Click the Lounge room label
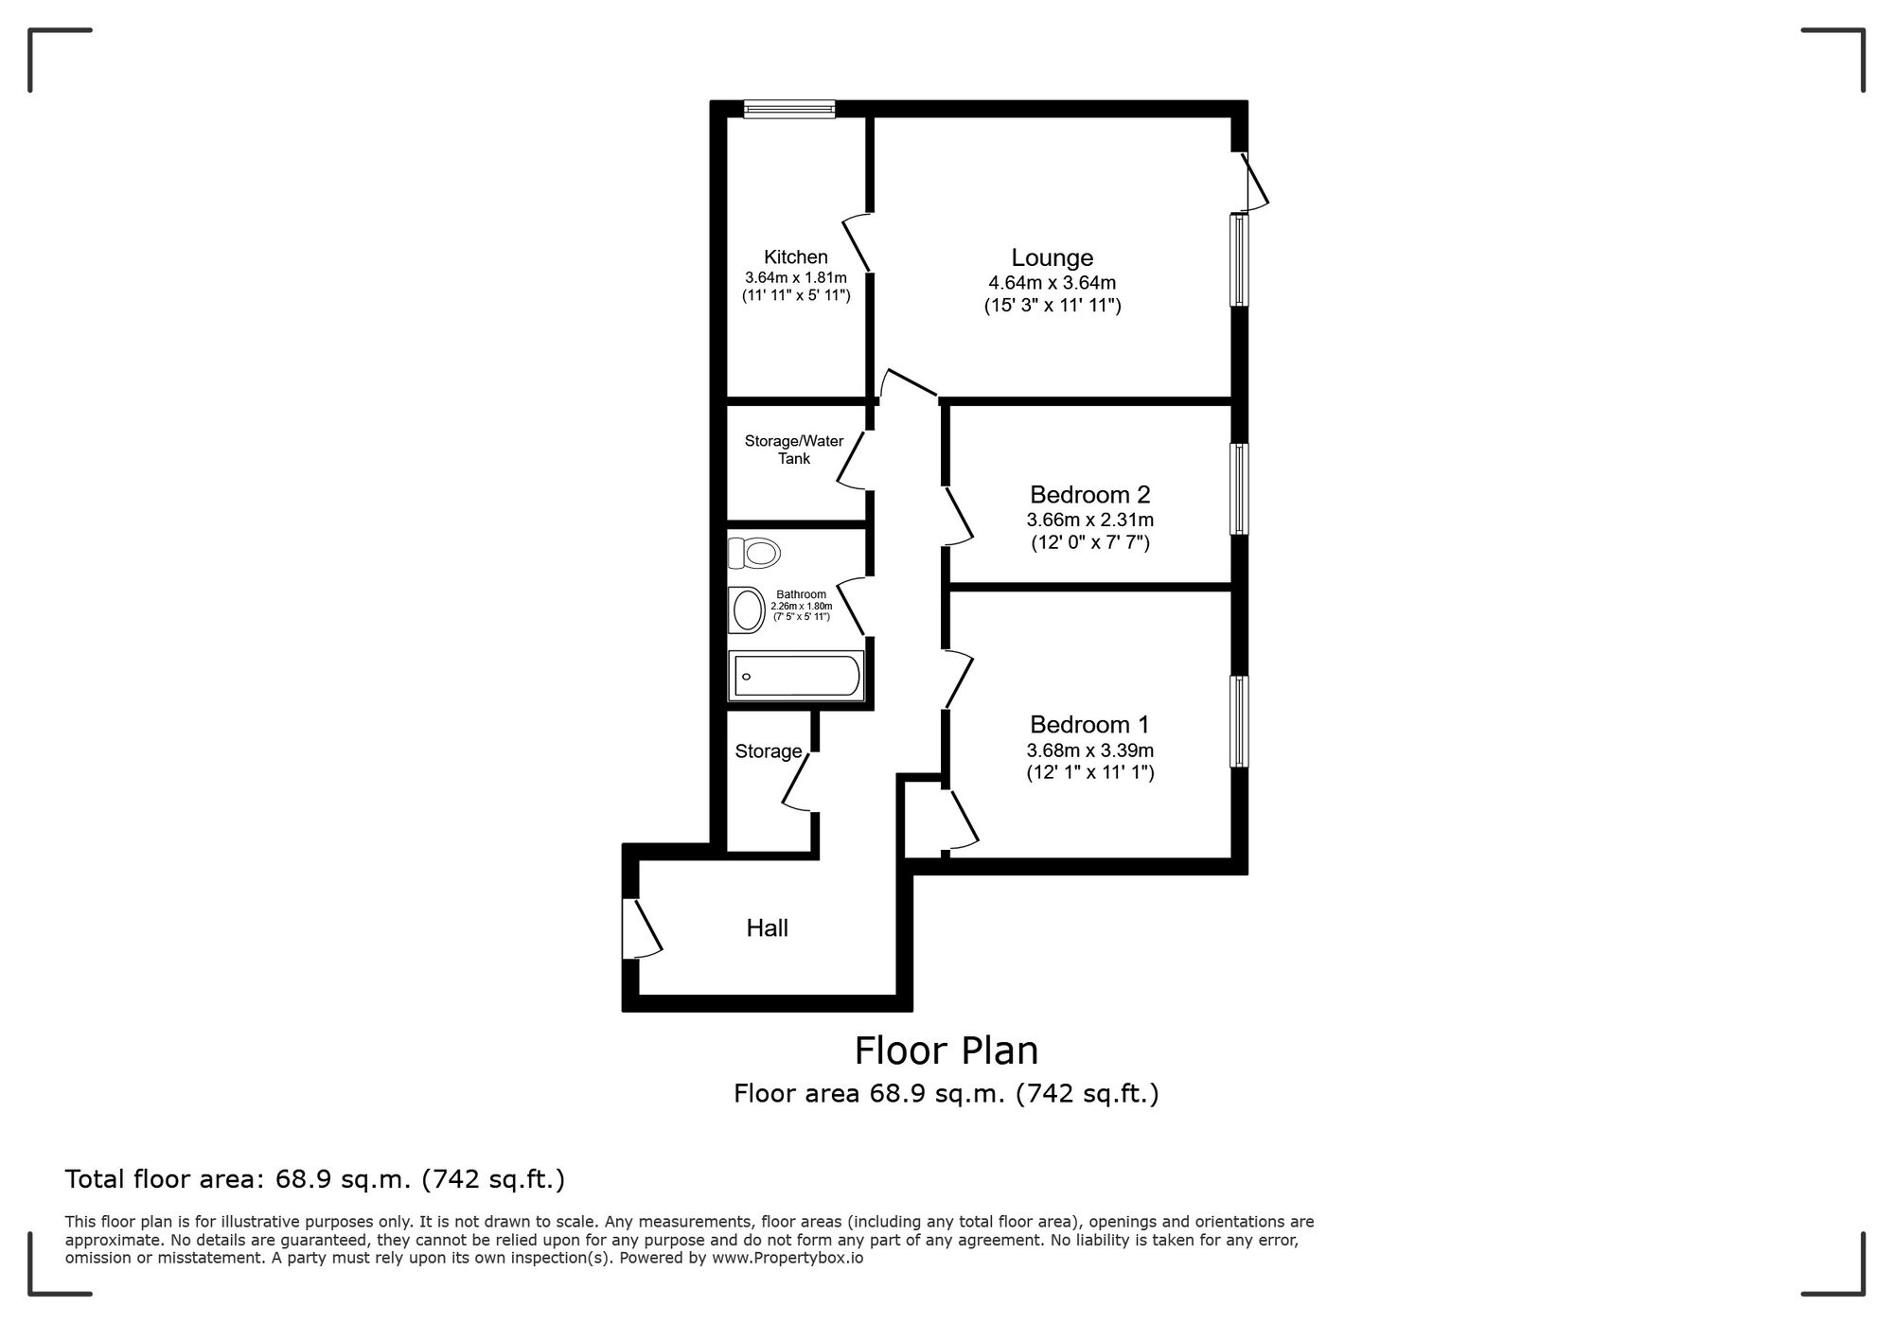(1052, 257)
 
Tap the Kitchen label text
(795, 256)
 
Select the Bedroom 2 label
(1089, 494)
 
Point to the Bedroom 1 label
(1089, 724)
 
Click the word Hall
(767, 927)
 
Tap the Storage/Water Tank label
(793, 450)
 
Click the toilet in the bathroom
(754, 552)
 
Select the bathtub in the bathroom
(796, 676)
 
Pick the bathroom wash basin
(747, 610)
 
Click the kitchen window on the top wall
(789, 110)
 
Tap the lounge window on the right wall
(1239, 260)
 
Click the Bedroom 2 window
(1239, 489)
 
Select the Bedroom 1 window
(1239, 721)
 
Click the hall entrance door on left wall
(640, 928)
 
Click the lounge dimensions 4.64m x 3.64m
(1052, 282)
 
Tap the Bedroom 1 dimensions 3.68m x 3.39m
(1089, 750)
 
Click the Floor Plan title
(946, 1050)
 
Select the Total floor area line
(314, 1179)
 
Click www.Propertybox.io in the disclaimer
(787, 1259)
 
